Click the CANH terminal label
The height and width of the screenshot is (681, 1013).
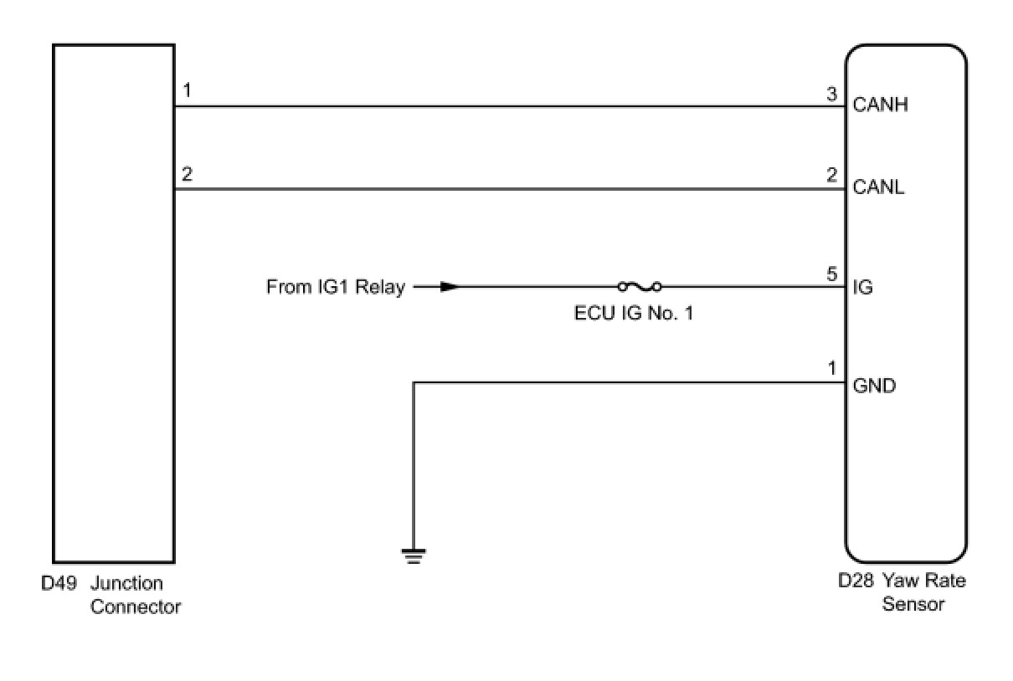[880, 105]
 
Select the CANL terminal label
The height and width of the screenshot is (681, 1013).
[878, 187]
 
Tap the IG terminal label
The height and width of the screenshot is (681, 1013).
[862, 288]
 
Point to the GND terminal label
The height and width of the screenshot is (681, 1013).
[874, 387]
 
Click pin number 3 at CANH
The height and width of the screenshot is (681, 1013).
[831, 95]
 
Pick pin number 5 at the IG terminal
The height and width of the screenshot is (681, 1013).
[831, 274]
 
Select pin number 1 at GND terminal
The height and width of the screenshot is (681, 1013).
[831, 369]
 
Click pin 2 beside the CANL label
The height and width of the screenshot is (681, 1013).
[831, 175]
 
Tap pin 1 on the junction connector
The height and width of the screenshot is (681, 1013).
[187, 90]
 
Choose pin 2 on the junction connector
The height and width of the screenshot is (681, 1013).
[187, 175]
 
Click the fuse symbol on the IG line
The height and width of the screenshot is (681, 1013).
[640, 287]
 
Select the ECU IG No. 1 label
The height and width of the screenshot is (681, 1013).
[634, 314]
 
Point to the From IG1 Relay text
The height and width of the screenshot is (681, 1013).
[335, 288]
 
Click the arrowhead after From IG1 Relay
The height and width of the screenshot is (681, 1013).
[450, 287]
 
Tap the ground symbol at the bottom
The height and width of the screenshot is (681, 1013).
[414, 556]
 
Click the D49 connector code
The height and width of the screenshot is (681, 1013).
[59, 583]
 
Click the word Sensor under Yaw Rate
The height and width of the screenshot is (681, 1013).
[913, 604]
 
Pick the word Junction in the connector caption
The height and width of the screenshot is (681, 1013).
[126, 583]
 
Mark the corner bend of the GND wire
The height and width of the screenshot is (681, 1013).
[414, 383]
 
